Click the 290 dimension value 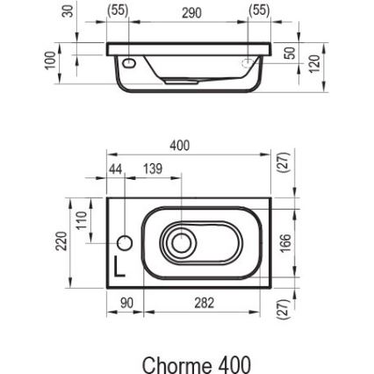click(x=191, y=12)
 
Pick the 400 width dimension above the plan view click(x=179, y=147)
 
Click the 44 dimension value click(x=115, y=168)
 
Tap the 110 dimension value click(x=80, y=219)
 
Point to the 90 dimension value click(x=126, y=303)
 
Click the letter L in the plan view click(x=119, y=265)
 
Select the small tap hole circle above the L click(x=125, y=241)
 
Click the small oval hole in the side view click(x=130, y=62)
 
